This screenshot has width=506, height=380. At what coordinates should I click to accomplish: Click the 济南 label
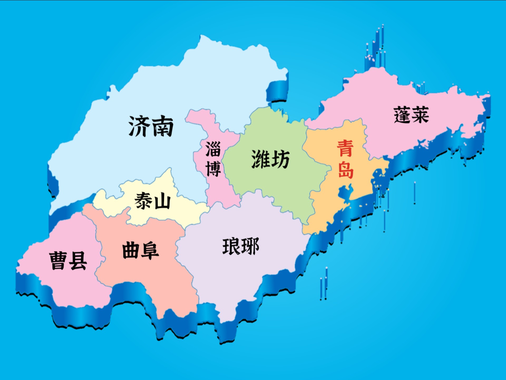point(151,126)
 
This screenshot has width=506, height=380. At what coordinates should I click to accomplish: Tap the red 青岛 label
point(346,159)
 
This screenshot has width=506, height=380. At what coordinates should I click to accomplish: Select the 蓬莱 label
point(411,115)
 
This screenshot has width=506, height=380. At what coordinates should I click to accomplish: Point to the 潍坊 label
point(270,159)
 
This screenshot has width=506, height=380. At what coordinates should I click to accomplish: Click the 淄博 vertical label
point(213,159)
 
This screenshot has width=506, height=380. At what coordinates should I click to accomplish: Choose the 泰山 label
point(152,201)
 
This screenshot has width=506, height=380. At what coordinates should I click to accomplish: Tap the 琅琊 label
point(241,246)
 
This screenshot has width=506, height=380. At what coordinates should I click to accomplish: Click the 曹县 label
point(68,260)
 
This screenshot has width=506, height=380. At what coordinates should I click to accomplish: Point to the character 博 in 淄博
point(213,169)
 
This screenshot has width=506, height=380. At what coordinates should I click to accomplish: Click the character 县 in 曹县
point(78,260)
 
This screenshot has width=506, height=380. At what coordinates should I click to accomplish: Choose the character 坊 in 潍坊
point(280,159)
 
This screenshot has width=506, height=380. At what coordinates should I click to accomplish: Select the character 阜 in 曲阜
point(150,251)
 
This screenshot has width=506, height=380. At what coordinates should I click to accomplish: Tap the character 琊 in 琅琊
point(250,246)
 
